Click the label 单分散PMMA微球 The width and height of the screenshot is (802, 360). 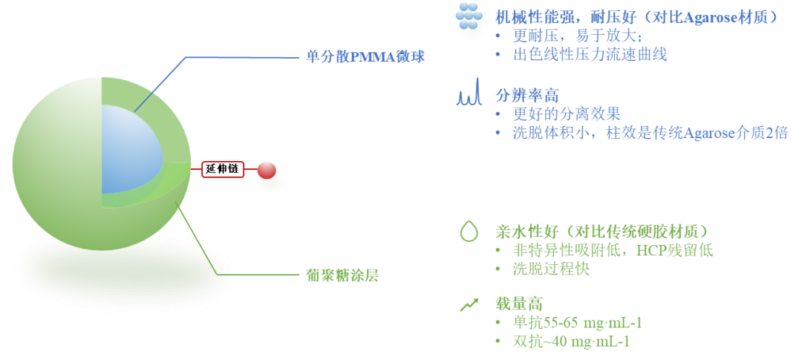[365, 57]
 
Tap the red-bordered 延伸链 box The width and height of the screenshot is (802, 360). [223, 169]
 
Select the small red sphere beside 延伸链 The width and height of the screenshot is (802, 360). [267, 171]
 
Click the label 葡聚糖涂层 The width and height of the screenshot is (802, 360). [342, 275]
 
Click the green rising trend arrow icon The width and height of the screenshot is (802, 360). [469, 304]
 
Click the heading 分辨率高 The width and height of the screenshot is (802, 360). [527, 95]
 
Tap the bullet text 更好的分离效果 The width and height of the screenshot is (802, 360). [567, 114]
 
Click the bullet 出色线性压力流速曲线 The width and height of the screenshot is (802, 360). [590, 54]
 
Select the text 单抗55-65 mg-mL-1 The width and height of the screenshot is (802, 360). [577, 323]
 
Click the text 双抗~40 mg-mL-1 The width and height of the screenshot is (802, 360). [571, 341]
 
